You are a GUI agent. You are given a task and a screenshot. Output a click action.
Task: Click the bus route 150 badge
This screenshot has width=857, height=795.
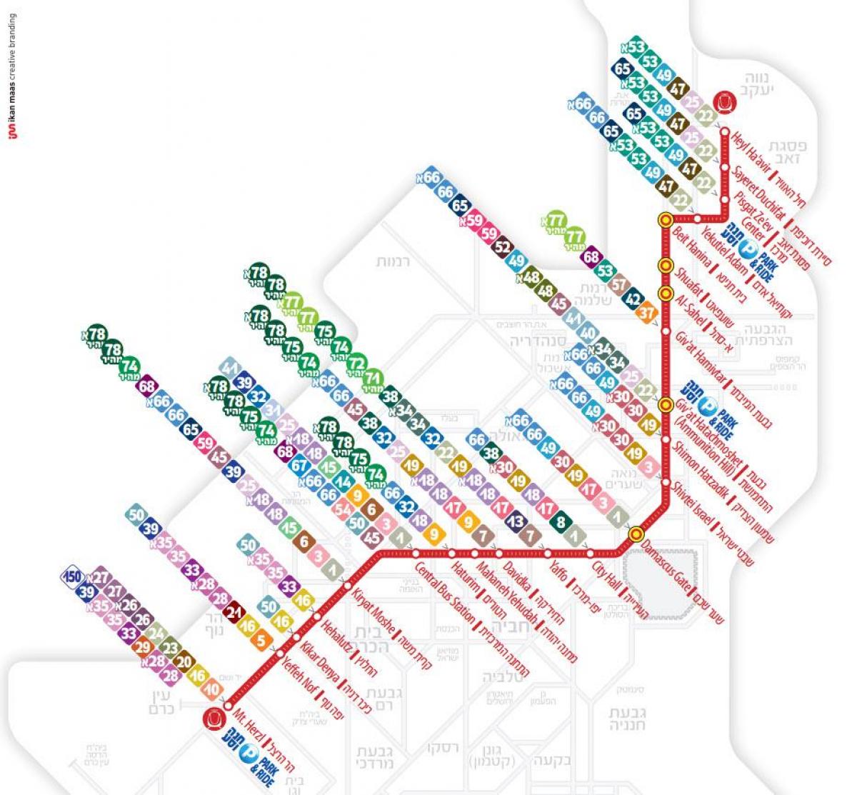click(72, 576)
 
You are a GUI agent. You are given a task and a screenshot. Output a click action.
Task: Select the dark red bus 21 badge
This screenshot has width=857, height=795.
click(234, 613)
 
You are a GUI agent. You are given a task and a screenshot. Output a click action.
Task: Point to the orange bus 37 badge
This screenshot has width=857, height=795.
click(648, 313)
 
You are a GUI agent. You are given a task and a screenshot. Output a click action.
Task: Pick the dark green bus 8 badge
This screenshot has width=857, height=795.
click(561, 522)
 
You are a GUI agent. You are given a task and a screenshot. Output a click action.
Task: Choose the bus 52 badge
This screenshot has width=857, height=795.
click(503, 248)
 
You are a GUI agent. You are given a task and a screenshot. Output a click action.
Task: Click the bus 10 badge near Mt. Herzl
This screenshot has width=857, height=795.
click(212, 689)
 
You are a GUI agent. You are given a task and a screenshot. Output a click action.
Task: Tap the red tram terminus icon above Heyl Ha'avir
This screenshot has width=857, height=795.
click(725, 102)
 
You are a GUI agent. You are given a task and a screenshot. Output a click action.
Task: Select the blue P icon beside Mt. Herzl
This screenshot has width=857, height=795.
click(249, 752)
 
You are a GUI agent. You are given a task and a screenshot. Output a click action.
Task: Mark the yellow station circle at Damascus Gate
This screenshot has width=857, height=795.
click(636, 534)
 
